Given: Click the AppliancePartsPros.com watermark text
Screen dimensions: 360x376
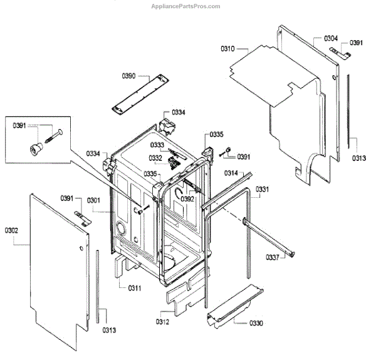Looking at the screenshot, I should (x=186, y=6).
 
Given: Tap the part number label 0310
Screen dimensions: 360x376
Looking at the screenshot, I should (x=228, y=48).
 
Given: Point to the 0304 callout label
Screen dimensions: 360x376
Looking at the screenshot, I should (x=332, y=38).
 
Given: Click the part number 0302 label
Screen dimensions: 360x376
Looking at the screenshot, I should (x=11, y=230).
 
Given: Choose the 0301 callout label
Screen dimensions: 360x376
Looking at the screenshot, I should (x=93, y=200).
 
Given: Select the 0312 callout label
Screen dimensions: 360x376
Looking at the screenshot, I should (x=162, y=322).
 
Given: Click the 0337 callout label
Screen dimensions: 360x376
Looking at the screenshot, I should (x=273, y=257).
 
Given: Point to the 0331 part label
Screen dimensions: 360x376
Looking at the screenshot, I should (x=263, y=189).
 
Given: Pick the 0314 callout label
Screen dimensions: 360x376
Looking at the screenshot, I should (x=231, y=173).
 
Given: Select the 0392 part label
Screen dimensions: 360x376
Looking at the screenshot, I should (x=187, y=199).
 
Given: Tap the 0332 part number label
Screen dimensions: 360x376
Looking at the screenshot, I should (x=155, y=158).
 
